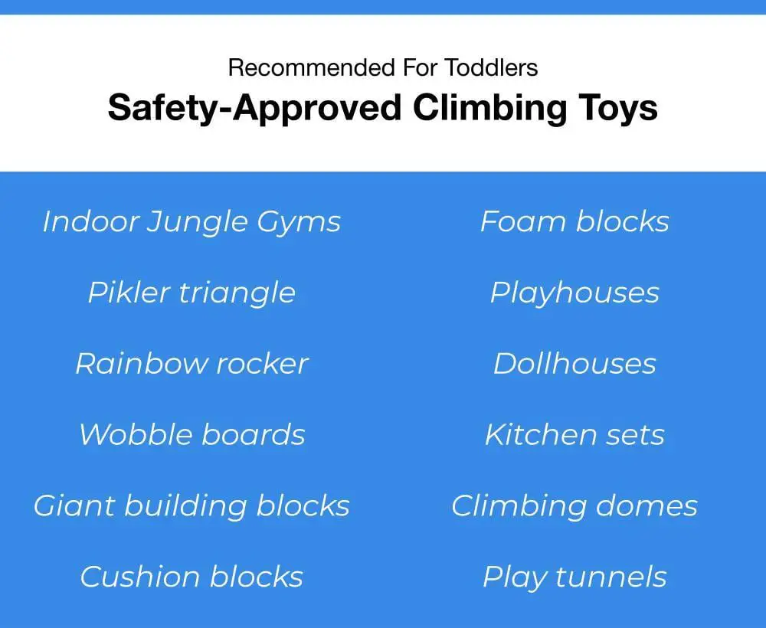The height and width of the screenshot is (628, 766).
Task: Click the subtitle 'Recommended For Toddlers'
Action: coord(383,67)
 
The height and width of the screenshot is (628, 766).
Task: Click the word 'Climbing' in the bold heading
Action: coord(490,109)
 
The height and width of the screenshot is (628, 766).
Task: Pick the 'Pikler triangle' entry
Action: coord(191,293)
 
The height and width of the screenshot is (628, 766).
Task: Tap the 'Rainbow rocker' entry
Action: coord(191,364)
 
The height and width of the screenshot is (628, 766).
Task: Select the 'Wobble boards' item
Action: coord(192,434)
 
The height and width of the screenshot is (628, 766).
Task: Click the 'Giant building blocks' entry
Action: coord(191,506)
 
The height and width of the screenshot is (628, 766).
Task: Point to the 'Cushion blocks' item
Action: coord(191,577)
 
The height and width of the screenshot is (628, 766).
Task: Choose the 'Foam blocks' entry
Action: coord(574,221)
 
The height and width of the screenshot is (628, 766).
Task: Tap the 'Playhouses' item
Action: coord(574,293)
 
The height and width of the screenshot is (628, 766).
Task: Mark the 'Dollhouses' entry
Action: coord(574,364)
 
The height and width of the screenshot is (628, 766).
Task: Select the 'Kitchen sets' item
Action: coord(574,434)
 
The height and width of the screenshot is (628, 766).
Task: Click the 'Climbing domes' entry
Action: coord(574,506)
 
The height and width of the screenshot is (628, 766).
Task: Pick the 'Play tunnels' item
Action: coord(574,577)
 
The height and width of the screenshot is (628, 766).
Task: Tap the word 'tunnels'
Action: coord(611,577)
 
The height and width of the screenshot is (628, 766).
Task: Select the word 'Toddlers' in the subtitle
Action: coord(492,67)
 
